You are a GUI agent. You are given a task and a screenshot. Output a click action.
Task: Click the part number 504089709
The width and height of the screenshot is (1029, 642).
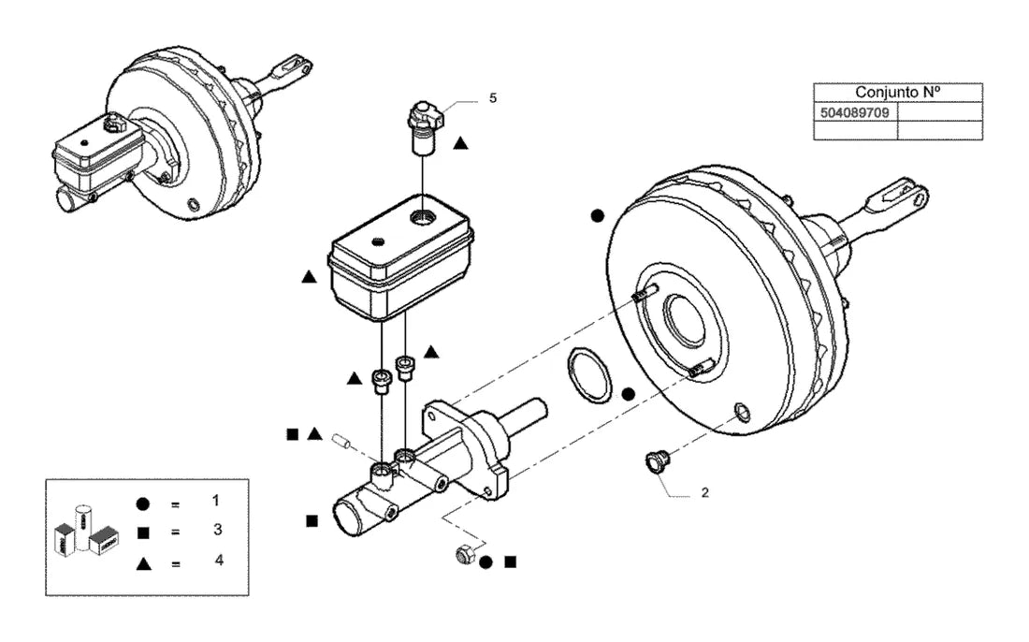pyautogui.click(x=854, y=113)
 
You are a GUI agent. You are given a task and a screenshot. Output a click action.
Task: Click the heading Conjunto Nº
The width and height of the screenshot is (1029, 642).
pyautogui.click(x=897, y=92)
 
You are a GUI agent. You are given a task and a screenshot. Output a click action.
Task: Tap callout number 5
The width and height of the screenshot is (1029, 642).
pyautogui.click(x=493, y=98)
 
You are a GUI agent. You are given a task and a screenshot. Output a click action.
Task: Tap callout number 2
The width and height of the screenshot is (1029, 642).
pyautogui.click(x=704, y=492)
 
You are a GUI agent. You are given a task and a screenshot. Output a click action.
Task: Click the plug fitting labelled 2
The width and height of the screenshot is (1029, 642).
pyautogui.click(x=656, y=461)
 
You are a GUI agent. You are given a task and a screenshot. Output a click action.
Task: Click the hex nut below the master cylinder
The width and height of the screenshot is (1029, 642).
pyautogui.click(x=465, y=555)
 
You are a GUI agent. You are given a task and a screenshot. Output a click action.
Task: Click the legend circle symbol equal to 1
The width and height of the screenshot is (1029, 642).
pyautogui.click(x=142, y=504)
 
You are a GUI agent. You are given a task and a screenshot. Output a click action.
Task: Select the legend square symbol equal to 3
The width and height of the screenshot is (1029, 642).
pyautogui.click(x=143, y=533)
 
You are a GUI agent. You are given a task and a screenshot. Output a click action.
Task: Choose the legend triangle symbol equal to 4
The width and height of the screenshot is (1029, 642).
pyautogui.click(x=144, y=563)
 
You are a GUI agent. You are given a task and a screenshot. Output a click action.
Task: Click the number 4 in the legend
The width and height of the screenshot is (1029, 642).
pyautogui.click(x=219, y=560)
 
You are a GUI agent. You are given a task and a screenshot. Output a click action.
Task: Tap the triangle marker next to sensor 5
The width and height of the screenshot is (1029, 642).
pyautogui.click(x=460, y=142)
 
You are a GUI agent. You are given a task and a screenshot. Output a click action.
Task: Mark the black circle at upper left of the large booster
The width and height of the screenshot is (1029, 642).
pyautogui.click(x=597, y=215)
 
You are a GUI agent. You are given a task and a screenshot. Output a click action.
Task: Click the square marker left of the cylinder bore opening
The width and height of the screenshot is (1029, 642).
pyautogui.click(x=312, y=520)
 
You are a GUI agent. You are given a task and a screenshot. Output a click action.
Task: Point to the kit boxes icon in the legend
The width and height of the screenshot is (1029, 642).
pyautogui.click(x=86, y=530)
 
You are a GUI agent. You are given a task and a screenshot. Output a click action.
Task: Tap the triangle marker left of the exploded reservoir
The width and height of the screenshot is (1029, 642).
pyautogui.click(x=309, y=277)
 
